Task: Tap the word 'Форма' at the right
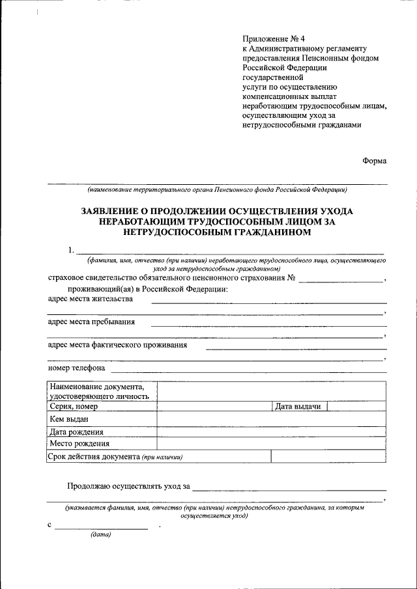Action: [x=375, y=161]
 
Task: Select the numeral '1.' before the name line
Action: [x=72, y=250]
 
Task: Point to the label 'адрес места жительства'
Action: [x=91, y=299]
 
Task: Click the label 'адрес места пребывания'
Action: [x=92, y=322]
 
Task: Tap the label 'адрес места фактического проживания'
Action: [x=118, y=345]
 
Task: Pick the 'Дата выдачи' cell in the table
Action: [x=298, y=407]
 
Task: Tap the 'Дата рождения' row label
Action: [x=76, y=431]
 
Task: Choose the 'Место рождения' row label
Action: [x=78, y=444]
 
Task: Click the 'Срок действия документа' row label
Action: [x=94, y=456]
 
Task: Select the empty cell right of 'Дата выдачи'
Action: [x=356, y=407]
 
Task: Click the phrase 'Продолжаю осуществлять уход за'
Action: [x=128, y=486]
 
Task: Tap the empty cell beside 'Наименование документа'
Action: [x=272, y=391]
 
